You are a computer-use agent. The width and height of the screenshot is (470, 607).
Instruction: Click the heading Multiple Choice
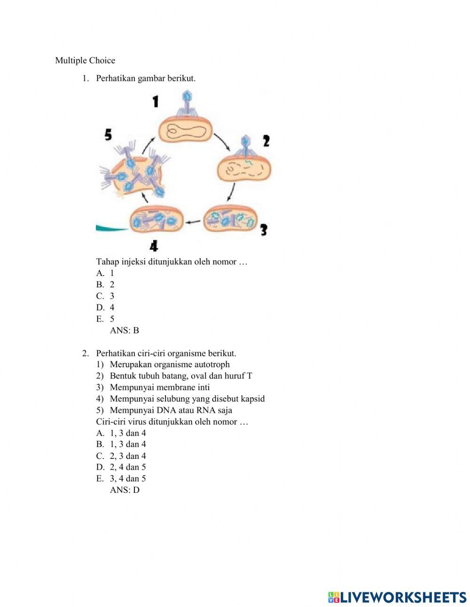coord(85,61)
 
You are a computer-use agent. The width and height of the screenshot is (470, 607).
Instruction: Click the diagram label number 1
coord(155,101)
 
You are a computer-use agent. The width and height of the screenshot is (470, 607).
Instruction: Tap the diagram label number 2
coord(266,141)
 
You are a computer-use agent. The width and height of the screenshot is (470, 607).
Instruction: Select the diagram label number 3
coord(263,230)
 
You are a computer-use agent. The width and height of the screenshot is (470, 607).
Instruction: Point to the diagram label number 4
coord(154,245)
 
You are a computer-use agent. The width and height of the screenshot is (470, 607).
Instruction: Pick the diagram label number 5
coord(108,135)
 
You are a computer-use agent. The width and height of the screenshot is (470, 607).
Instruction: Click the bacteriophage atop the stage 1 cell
coord(187,104)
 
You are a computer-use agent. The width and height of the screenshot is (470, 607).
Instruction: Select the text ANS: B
coord(124,331)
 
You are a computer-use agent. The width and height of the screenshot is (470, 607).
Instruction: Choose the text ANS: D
coord(125,490)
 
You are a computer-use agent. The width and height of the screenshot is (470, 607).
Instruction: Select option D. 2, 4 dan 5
coord(121,467)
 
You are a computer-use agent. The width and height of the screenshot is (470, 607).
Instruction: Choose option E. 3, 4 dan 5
coord(121,479)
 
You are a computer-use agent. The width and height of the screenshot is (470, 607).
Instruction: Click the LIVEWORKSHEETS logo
coord(397,597)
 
